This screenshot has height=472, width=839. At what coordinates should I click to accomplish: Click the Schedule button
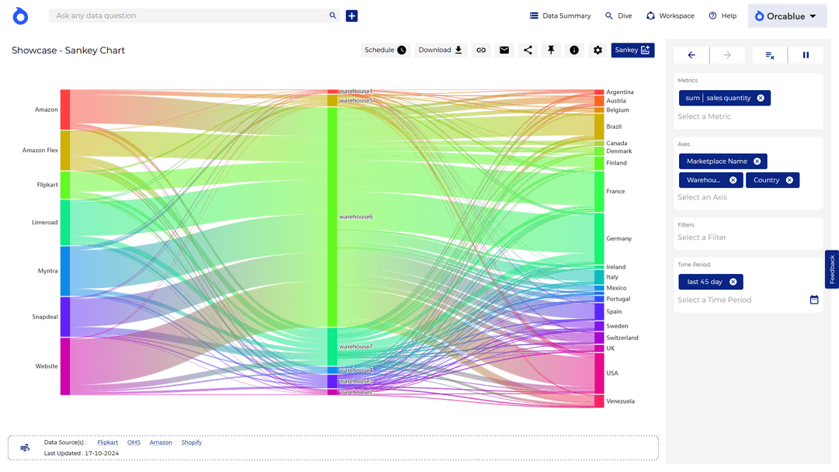coord(385,50)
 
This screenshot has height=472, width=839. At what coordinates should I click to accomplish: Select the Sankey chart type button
coord(632,50)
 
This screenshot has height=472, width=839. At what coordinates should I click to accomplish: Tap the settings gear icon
coord(597,50)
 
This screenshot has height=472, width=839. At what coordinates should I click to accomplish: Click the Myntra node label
coord(47,271)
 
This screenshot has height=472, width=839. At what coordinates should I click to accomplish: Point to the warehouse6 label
coord(356,217)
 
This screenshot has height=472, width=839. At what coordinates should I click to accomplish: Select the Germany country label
coord(619,239)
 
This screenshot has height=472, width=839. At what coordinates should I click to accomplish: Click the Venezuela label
coord(620,401)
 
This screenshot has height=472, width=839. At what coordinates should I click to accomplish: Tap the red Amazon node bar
coord(65,109)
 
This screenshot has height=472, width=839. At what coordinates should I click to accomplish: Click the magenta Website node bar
coord(65,366)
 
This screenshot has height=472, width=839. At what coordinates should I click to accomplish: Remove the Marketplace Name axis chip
coord(757,161)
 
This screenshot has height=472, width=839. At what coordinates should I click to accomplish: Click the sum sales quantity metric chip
coord(717,99)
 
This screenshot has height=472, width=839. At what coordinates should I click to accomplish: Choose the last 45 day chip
coord(705,282)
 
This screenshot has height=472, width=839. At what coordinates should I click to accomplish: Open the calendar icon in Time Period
coord(814,300)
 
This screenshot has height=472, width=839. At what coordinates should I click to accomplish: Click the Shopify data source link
coord(191,442)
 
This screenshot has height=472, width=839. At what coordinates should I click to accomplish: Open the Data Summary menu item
coord(560,16)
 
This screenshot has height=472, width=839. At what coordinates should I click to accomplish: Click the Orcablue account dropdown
coord(787,16)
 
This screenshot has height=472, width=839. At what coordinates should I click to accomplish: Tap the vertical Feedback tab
coord(832,269)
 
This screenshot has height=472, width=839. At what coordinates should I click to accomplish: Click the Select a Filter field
coord(702,238)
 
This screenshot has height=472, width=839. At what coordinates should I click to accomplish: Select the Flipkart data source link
coord(108,442)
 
